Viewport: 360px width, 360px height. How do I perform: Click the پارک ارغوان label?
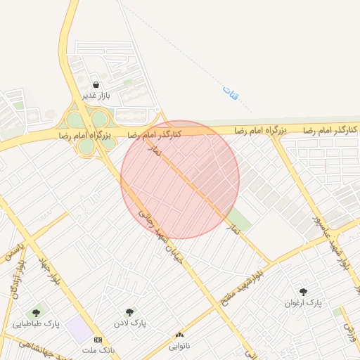coord(302,303)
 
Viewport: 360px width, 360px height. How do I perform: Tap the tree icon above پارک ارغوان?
coord(303,292)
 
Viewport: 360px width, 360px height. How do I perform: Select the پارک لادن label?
coord(129,323)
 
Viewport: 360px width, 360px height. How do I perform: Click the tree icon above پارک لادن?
coord(129,312)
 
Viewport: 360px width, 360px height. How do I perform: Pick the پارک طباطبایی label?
coord(36,324)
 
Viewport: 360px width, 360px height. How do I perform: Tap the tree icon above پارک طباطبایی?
coord(36,313)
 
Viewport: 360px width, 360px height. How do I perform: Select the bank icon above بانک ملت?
coord(97,340)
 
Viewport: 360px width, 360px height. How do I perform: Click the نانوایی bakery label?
coord(179,346)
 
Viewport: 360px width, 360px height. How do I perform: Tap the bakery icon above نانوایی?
coord(179,335)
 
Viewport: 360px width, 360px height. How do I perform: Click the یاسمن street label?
coord(13,249)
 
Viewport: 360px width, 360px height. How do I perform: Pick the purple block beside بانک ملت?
coord(79,329)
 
